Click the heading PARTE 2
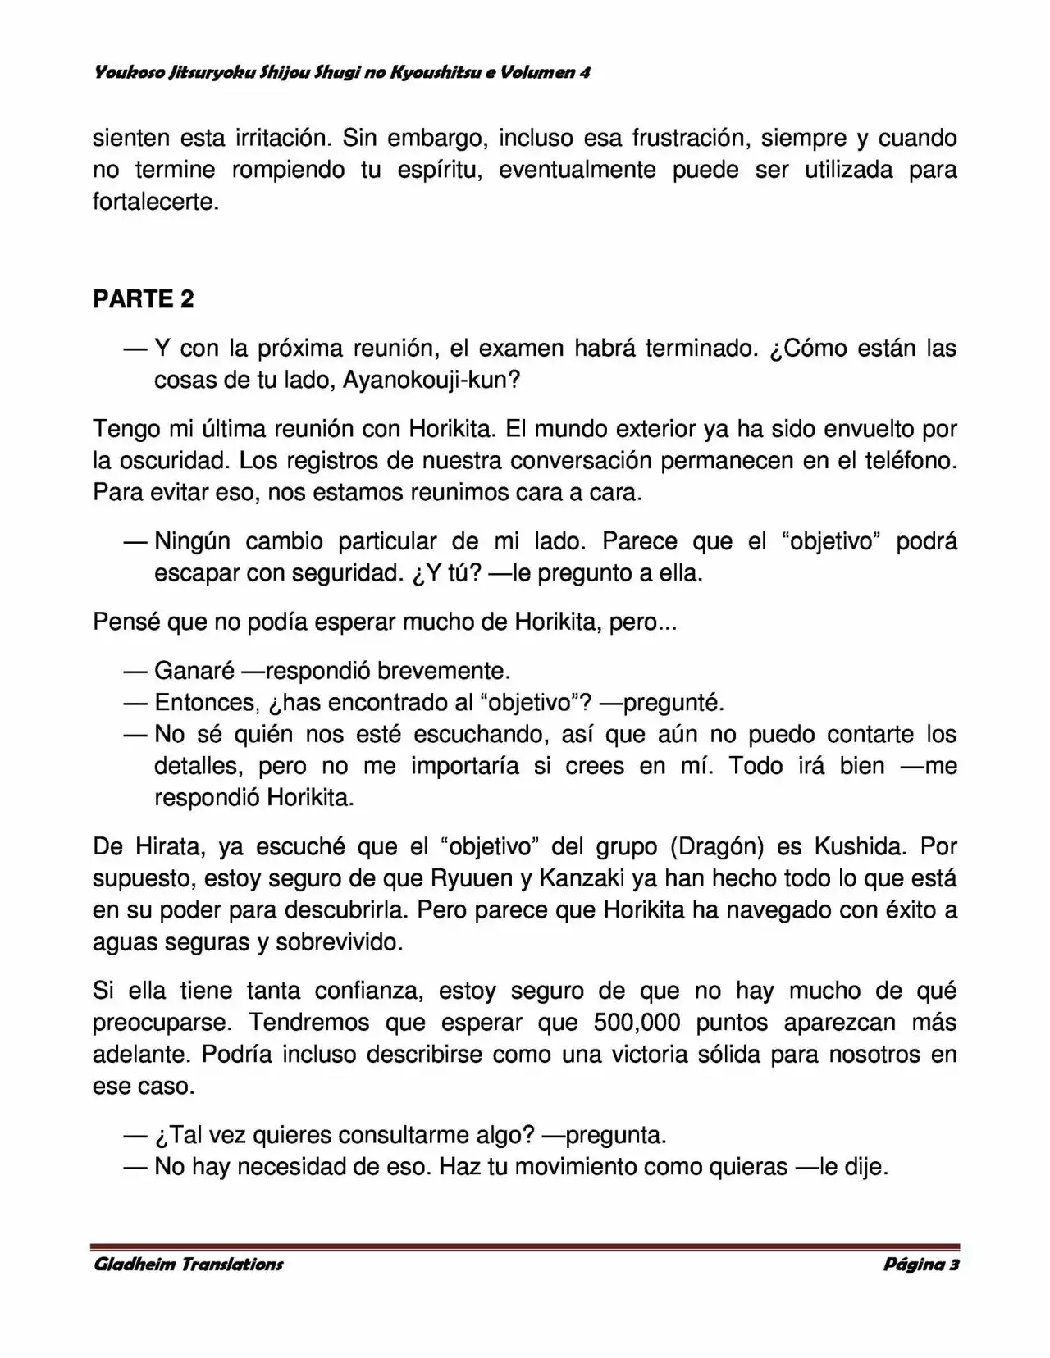point(144,298)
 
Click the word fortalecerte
point(155,202)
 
